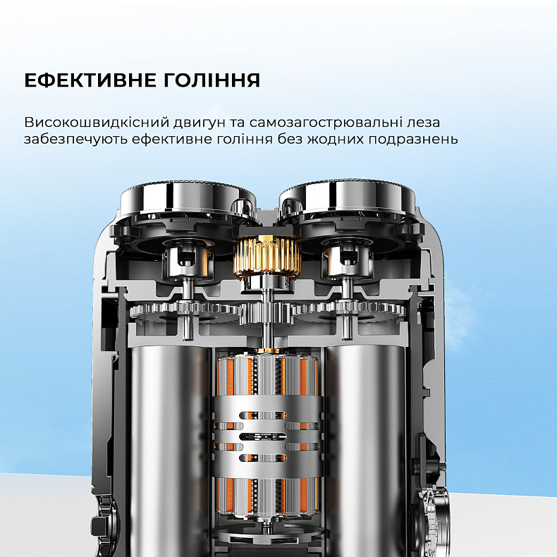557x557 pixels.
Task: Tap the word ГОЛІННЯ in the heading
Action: [212, 80]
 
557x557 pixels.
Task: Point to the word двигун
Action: [200, 123]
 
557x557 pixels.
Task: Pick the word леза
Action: [426, 123]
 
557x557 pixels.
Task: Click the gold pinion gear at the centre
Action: [267, 257]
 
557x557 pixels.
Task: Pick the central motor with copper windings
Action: [267, 435]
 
